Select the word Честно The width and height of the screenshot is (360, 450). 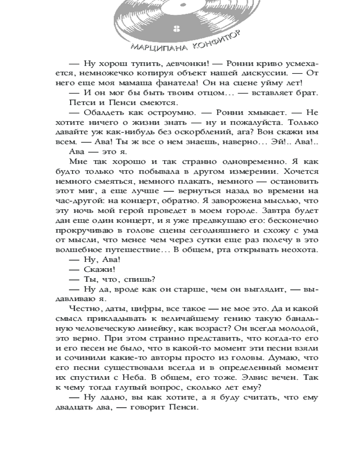coord(86,308)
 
